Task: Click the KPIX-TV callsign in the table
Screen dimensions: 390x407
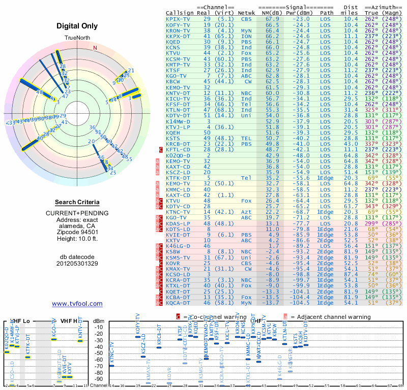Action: click(x=178, y=19)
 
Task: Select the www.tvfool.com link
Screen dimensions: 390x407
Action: click(x=77, y=304)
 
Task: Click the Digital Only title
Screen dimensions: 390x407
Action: click(x=77, y=26)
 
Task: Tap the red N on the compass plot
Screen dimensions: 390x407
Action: click(x=95, y=48)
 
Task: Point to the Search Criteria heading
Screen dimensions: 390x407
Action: click(x=77, y=203)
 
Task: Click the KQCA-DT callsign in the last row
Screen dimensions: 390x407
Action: click(x=178, y=303)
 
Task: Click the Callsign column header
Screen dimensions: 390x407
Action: click(x=180, y=13)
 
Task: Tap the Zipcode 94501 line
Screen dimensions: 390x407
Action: click(x=77, y=230)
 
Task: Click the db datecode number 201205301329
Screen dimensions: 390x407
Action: click(x=77, y=264)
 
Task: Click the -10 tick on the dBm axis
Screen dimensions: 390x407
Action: click(x=99, y=327)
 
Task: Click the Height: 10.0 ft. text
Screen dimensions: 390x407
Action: click(x=77, y=239)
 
